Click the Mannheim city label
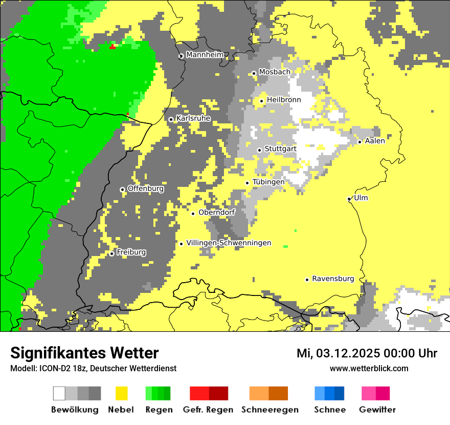pos(205,54)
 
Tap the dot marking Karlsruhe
pos(171,119)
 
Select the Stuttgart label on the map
pos(280,148)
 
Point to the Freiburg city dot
pos(111,253)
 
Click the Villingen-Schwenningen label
pos(229,243)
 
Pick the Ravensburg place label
pos(333,279)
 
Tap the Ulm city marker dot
pos(349,199)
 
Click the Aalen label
pos(375,141)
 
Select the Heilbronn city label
pos(284,100)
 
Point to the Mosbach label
pos(274,72)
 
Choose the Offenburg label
pos(146,188)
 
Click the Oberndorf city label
pos(217,212)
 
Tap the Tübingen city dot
pos(247,183)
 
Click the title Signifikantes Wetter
pos(84,353)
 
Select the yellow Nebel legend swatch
pos(122,393)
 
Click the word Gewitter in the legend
pos(377,410)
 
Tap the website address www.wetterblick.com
pos(369,368)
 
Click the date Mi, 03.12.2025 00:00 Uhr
pos(367,353)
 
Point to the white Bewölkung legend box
pos(59,393)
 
